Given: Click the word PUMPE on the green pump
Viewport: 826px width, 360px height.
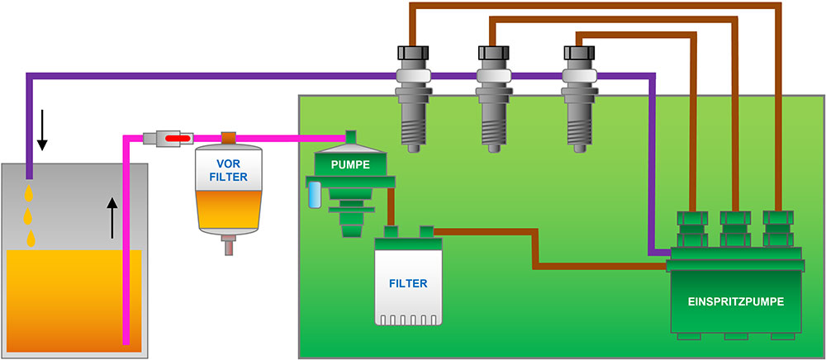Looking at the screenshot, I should coord(350,165).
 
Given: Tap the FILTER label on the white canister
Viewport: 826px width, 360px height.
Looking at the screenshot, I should coord(408,283).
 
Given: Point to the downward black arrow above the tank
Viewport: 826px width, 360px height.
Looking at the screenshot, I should coord(42,135).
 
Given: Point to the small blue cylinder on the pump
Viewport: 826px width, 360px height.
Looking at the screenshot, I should coord(314,196).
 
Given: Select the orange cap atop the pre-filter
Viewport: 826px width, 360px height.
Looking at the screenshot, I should coord(229,137).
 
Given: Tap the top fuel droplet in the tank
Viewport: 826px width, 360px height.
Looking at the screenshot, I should coord(30,193).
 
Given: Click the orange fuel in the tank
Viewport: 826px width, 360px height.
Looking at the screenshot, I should coord(66,297).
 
